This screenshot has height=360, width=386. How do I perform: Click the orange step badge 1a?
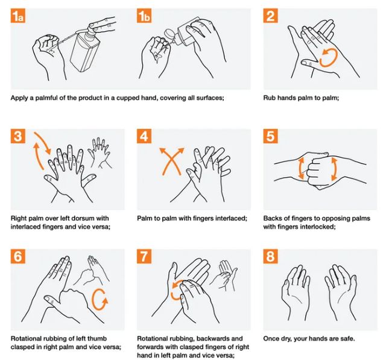pos(17,16)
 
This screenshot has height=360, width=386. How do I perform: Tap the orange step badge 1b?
pos(144,16)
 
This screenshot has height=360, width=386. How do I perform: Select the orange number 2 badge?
pos(270,16)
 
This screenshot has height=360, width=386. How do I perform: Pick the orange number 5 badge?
pos(270,136)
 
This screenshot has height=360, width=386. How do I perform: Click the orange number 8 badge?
pos(270,256)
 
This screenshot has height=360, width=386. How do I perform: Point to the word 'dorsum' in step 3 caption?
pos(79,218)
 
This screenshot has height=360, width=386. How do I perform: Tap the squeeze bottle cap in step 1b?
pos(169,34)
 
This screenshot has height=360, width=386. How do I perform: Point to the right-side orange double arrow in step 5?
pos(334,169)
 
